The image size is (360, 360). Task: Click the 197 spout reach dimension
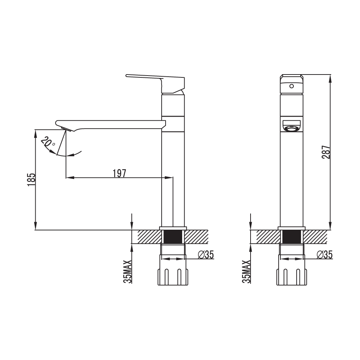click(120, 174)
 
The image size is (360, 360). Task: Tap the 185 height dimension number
click(32, 180)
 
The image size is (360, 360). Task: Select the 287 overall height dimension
click(326, 152)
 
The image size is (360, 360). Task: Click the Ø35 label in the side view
click(206, 255)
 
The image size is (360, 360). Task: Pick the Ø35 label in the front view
click(324, 255)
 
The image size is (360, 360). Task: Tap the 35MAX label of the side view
click(128, 271)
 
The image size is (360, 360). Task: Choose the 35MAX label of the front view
click(246, 271)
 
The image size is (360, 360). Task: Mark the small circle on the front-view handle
click(292, 86)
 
